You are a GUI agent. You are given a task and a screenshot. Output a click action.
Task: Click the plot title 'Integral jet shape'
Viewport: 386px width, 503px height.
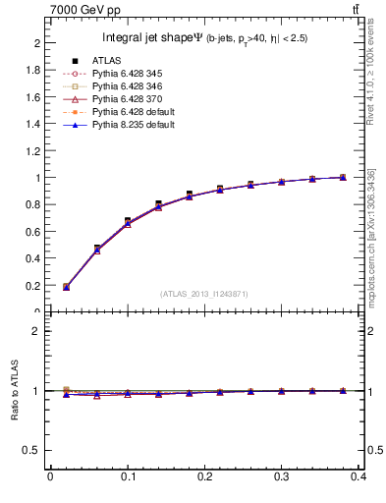pos(147,38)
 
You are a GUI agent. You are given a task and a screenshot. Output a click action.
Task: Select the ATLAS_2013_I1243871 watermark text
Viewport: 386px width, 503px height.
pos(204,295)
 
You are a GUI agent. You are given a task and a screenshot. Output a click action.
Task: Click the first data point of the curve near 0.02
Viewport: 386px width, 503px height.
pos(66,287)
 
